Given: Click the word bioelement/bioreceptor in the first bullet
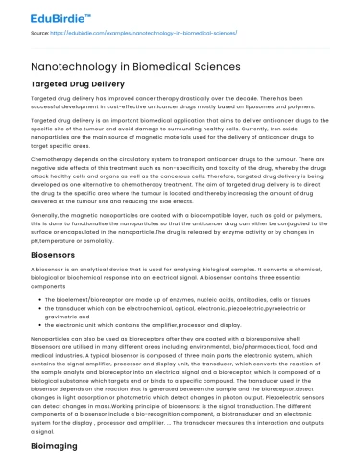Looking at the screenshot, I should (92, 300).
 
